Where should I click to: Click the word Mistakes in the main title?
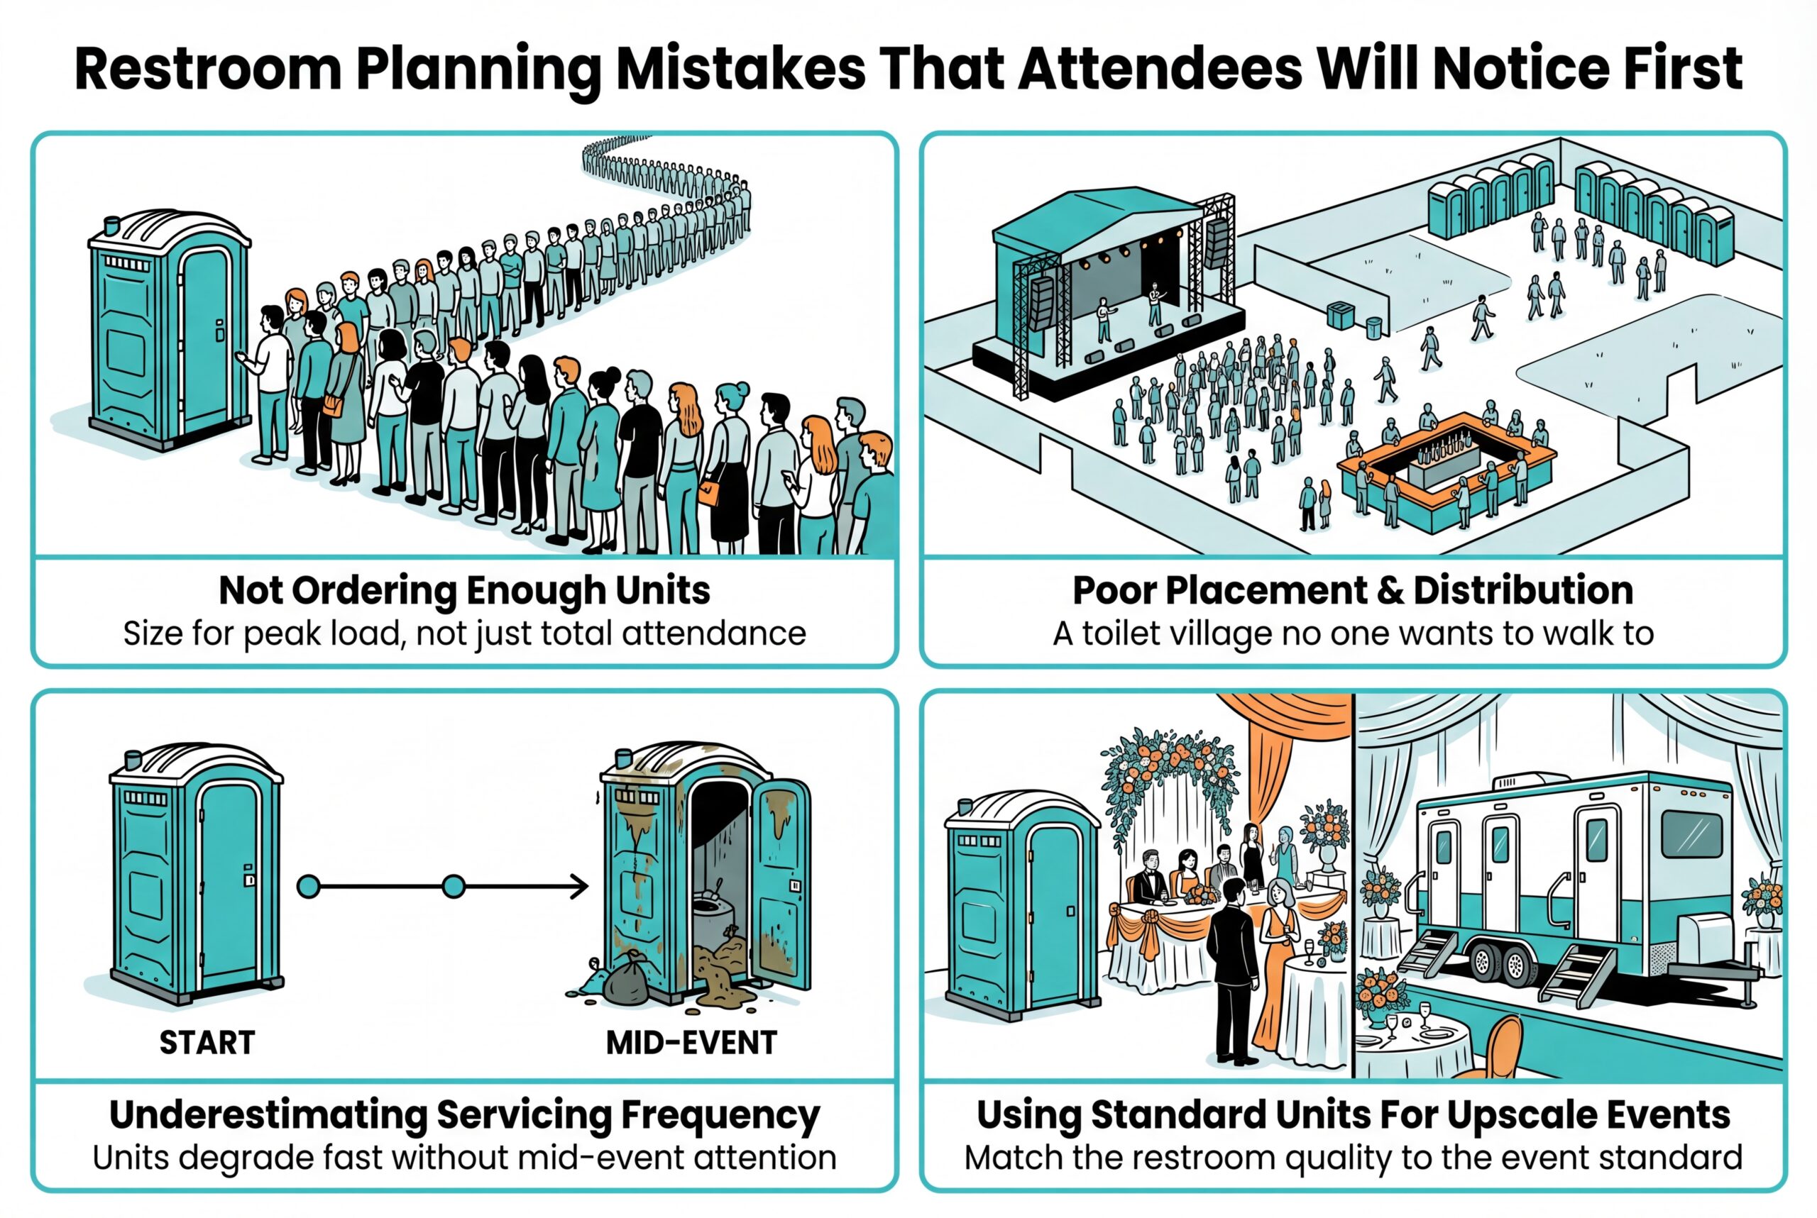pyautogui.click(x=740, y=68)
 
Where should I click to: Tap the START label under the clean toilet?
pyautogui.click(x=207, y=1043)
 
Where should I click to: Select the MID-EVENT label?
pyautogui.click(x=691, y=1043)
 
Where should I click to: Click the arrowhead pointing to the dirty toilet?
pyautogui.click(x=579, y=886)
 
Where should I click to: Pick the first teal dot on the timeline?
pyautogui.click(x=309, y=886)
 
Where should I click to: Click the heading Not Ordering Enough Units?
pyautogui.click(x=464, y=590)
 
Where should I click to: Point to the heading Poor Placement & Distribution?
pyautogui.click(x=1352, y=590)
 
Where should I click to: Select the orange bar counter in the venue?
pyautogui.click(x=1447, y=466)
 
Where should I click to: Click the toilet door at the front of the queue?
pyautogui.click(x=204, y=341)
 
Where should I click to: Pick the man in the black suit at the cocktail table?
pyautogui.click(x=1234, y=971)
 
